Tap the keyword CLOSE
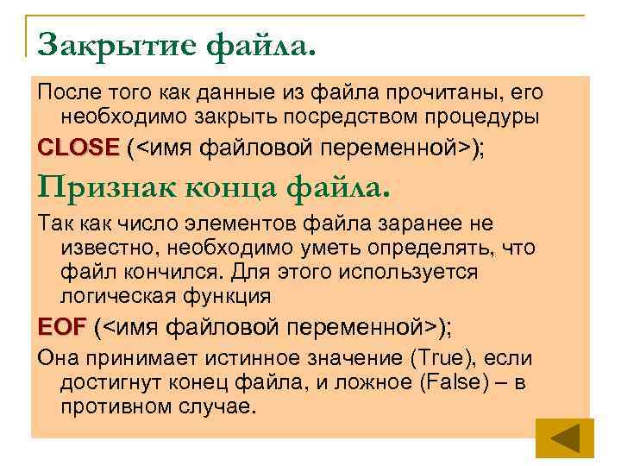click(x=78, y=148)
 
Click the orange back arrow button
click(x=565, y=438)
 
